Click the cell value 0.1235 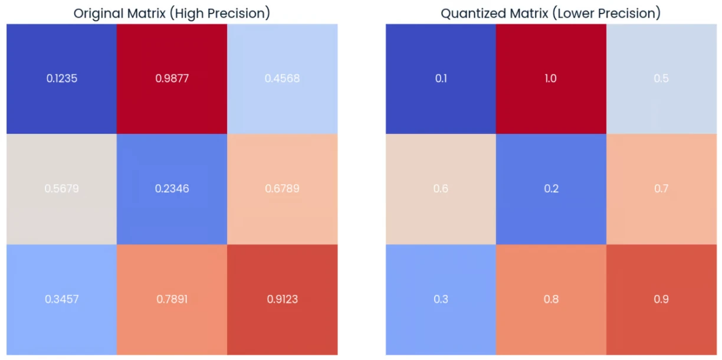coord(61,78)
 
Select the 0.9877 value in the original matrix coord(172,78)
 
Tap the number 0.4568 coord(282,78)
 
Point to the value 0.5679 coord(61,189)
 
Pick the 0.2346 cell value coord(172,189)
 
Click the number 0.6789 coord(282,189)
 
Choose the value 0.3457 coord(61,299)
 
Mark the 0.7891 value coord(172,299)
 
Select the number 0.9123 coord(282,299)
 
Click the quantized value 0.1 coord(441,78)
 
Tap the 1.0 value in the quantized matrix coord(550,78)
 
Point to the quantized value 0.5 coord(661,78)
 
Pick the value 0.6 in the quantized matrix coord(441,189)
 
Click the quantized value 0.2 coord(550,189)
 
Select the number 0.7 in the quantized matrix coord(661,189)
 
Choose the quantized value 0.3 coord(441,299)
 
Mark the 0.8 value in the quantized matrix coord(550,299)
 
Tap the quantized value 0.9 coord(661,299)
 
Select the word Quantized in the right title coord(470,14)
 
